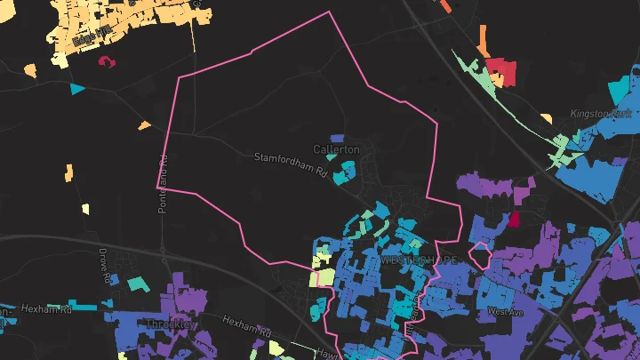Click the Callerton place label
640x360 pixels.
point(337,149)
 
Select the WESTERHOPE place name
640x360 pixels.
point(420,260)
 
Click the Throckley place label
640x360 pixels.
point(169,324)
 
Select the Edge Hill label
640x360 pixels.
point(92,32)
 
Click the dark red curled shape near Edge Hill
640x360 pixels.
point(108,62)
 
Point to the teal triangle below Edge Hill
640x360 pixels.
point(77,89)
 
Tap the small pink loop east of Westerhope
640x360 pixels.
point(481,255)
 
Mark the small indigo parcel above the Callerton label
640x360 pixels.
point(337,138)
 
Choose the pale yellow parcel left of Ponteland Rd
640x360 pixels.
point(85,209)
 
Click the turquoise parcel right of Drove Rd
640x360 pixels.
point(135,284)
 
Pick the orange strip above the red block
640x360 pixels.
point(483,37)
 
